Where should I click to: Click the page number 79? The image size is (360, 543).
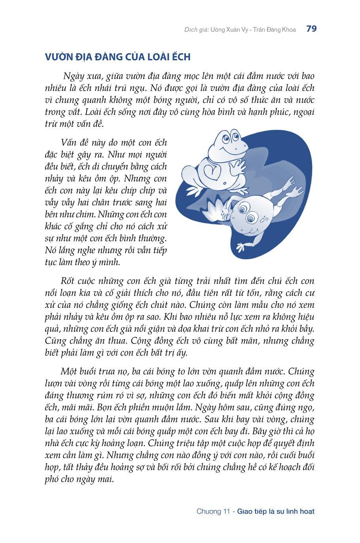[311, 29]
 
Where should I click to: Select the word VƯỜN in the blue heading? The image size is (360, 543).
[59, 57]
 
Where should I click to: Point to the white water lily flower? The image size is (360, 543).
[215, 210]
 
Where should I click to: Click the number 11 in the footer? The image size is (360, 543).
[226, 511]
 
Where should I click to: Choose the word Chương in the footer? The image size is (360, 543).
[208, 511]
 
